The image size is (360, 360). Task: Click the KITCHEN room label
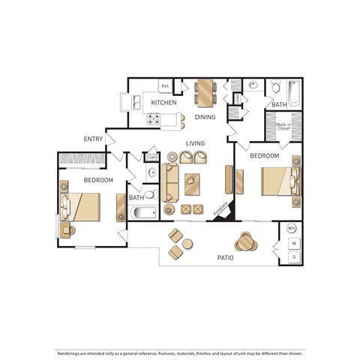[163, 102]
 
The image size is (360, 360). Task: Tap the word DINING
[205, 117]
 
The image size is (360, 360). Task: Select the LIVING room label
[196, 142]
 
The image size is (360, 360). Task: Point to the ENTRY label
[94, 139]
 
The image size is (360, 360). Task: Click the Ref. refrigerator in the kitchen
[164, 86]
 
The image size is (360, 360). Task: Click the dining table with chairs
[205, 92]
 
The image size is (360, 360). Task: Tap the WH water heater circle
[291, 228]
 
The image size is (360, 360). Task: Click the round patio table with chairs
[245, 241]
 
